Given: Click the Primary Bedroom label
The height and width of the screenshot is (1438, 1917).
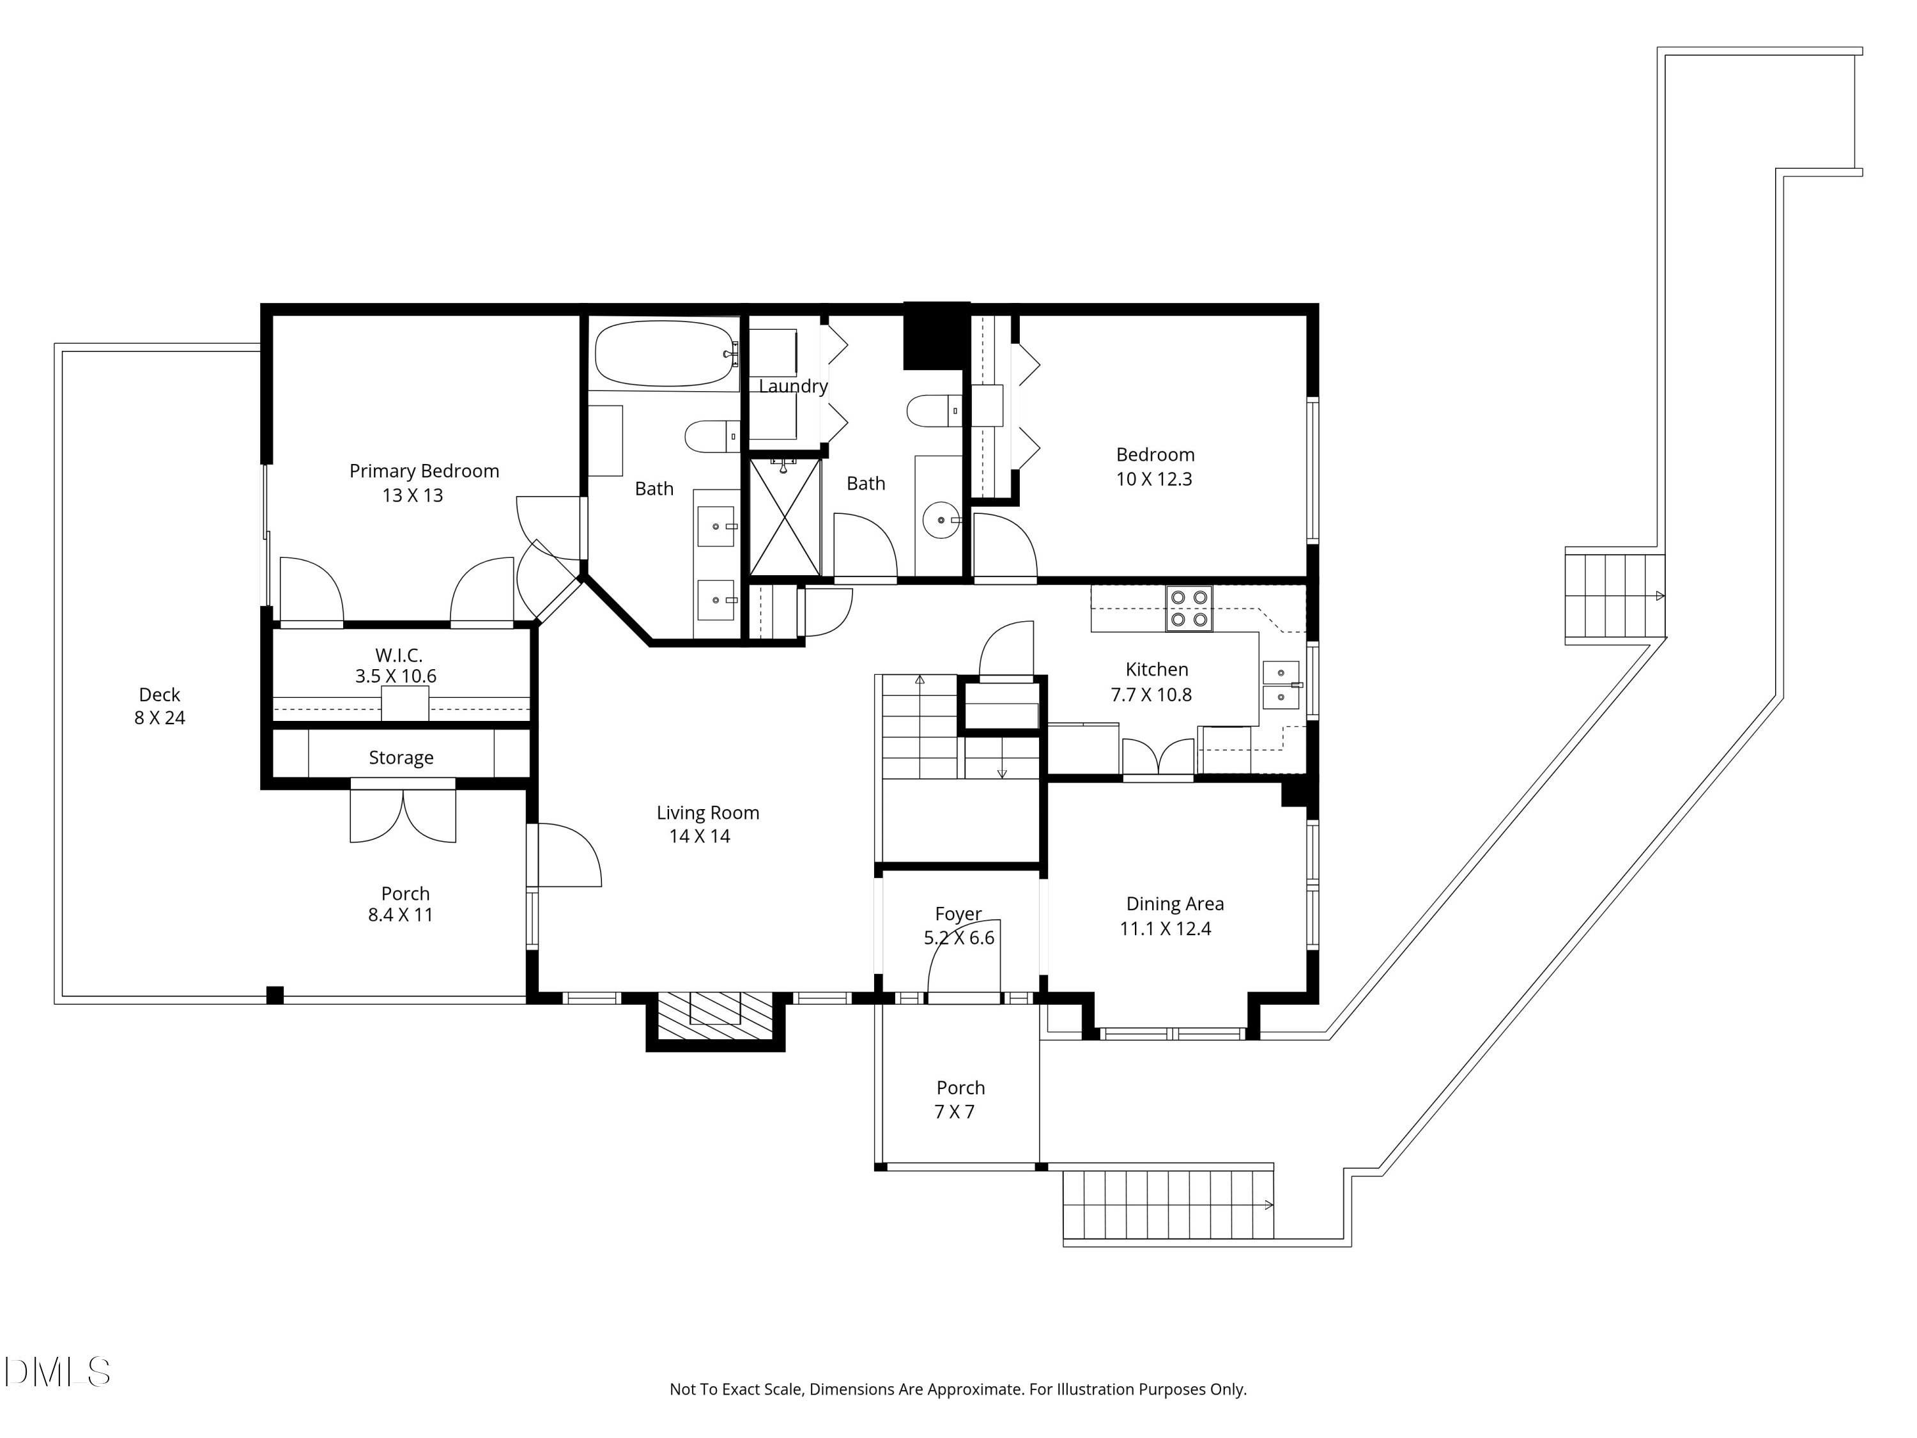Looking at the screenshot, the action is click(x=424, y=470).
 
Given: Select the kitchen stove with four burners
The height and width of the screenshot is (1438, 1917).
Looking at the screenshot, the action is click(x=1189, y=608).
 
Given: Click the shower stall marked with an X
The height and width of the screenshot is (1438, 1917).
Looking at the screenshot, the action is click(x=784, y=516).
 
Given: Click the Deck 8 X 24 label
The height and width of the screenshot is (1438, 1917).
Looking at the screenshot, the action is click(x=160, y=706).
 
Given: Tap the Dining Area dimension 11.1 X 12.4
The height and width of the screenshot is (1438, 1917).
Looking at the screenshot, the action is click(x=1166, y=929).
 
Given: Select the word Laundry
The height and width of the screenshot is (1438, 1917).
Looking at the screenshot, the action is click(x=793, y=386).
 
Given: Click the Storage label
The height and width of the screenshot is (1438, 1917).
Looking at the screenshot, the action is click(x=401, y=757).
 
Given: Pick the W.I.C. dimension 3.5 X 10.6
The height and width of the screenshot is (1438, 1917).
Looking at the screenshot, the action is click(x=395, y=676).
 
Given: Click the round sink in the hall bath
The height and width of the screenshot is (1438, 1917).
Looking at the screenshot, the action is click(x=941, y=520).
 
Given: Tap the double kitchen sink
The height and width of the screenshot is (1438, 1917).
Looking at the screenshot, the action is click(x=1281, y=684).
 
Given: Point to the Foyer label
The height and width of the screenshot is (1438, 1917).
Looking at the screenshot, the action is click(x=958, y=913).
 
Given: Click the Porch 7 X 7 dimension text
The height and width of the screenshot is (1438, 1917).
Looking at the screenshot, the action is click(x=954, y=1111).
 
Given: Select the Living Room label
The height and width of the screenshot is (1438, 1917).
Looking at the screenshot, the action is click(x=707, y=812).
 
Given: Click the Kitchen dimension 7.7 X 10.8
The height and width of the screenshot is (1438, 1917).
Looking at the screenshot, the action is click(x=1151, y=694).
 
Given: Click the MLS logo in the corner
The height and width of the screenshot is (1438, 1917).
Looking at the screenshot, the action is click(x=56, y=1372).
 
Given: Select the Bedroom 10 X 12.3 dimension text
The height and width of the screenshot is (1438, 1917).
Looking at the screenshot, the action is click(x=1153, y=479).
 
